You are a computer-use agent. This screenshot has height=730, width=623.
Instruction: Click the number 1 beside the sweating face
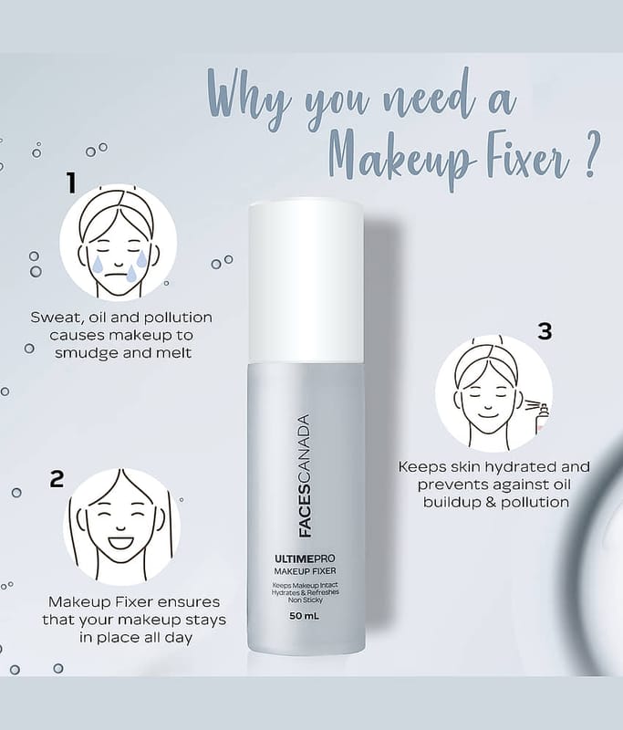(x=71, y=182)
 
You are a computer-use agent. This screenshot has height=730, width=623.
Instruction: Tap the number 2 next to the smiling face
(x=57, y=478)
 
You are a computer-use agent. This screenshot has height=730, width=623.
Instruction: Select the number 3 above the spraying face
(x=545, y=331)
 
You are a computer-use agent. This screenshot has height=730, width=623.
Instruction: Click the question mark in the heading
(x=590, y=156)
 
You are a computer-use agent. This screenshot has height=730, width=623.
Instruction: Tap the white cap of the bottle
(x=306, y=282)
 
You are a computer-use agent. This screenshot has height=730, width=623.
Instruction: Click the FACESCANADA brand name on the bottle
(x=305, y=475)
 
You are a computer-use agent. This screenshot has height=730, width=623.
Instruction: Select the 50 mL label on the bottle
(x=305, y=616)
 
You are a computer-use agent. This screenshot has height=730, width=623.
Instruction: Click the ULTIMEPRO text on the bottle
(x=305, y=558)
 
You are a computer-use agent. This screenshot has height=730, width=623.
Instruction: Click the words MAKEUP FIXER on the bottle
(x=305, y=571)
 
